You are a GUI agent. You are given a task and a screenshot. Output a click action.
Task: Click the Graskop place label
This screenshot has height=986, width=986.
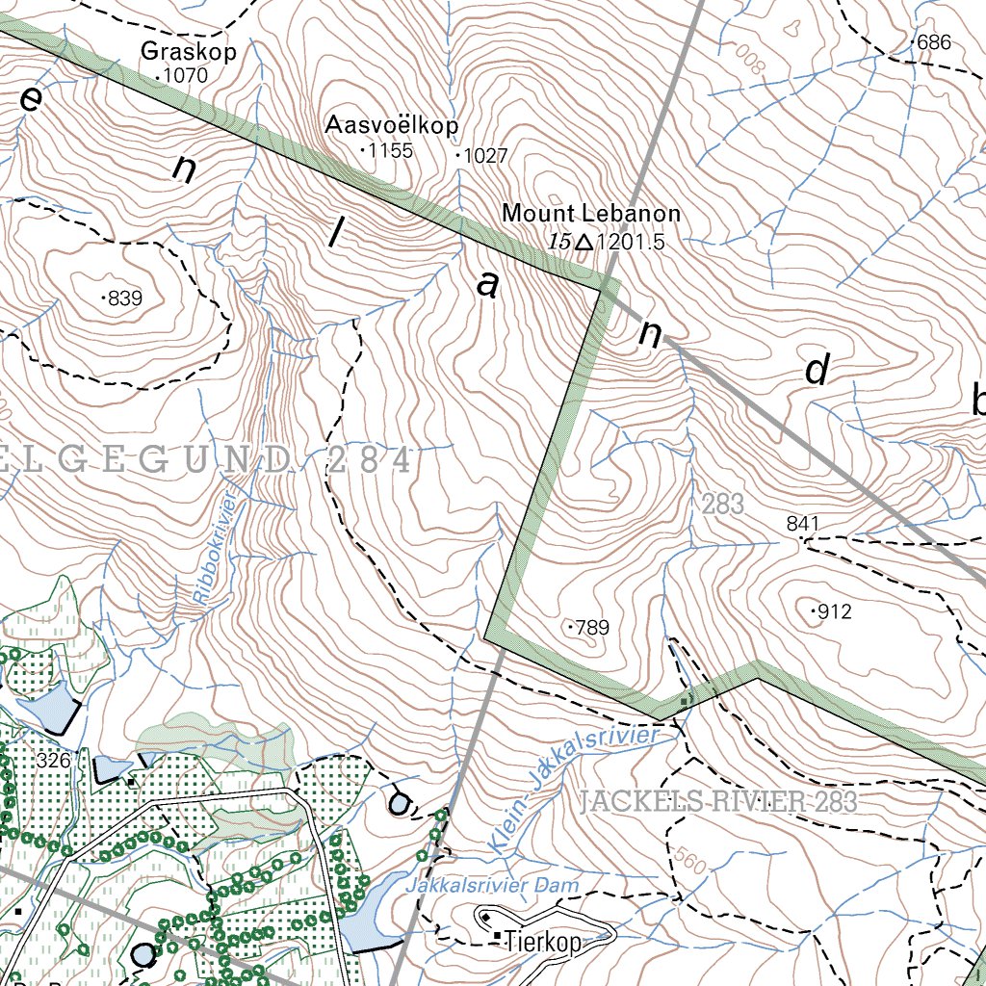(188, 52)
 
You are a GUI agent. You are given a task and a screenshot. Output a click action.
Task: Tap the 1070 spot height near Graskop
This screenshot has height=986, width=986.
(186, 75)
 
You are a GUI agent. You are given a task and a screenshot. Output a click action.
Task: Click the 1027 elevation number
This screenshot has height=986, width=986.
(484, 156)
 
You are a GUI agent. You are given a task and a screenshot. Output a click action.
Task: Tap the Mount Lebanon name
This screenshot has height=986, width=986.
(591, 214)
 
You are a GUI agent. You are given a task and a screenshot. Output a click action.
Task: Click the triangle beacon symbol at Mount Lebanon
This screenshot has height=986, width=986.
(584, 243)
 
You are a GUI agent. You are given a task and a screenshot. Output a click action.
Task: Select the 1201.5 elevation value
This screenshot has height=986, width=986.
(631, 243)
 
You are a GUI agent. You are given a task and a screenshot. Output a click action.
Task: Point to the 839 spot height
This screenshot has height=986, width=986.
(124, 298)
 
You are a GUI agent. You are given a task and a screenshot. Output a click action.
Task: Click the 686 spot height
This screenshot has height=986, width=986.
(933, 42)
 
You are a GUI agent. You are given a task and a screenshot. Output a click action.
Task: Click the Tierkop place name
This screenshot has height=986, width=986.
(544, 944)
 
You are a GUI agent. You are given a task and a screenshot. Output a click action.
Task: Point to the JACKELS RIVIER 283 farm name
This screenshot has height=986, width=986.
(718, 801)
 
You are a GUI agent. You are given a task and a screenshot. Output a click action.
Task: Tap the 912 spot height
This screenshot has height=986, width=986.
(834, 611)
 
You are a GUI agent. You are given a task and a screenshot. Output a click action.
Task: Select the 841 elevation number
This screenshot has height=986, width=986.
(802, 524)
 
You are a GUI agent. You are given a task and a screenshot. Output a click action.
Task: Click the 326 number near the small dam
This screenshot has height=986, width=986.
(54, 761)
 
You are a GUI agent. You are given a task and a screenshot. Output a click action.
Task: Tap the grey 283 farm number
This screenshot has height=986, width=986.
(723, 504)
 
